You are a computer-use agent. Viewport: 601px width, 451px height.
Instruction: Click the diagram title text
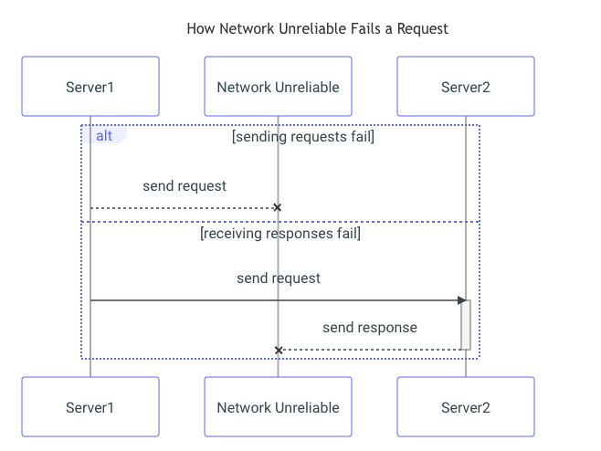tap(317, 28)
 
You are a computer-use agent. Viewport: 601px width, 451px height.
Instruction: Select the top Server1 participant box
tap(90, 87)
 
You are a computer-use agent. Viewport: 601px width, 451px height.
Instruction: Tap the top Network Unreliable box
tap(278, 87)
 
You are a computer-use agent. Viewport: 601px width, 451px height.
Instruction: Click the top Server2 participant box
tap(465, 87)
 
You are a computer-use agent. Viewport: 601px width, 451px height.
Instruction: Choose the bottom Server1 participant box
tap(90, 407)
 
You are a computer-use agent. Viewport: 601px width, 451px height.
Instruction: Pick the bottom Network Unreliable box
tap(278, 407)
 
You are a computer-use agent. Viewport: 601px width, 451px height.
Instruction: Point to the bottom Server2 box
tap(465, 407)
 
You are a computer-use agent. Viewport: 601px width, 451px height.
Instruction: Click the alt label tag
tap(104, 135)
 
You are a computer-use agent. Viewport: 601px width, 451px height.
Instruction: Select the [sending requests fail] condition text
tap(303, 137)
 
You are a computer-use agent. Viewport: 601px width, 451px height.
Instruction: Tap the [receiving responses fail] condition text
tap(280, 234)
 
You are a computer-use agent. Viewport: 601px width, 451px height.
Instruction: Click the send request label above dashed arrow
tap(185, 186)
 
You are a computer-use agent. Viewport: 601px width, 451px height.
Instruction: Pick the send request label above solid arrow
tap(279, 278)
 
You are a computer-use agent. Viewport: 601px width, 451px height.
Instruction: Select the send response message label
tap(370, 328)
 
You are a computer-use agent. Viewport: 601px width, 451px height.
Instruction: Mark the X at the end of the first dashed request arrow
tap(277, 208)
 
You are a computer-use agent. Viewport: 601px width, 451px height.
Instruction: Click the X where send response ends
tap(279, 350)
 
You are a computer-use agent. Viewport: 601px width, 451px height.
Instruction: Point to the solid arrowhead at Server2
tap(462, 299)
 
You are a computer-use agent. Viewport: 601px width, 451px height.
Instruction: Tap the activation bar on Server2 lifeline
tap(466, 325)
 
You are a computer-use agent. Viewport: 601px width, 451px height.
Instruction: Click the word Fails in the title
tap(368, 28)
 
